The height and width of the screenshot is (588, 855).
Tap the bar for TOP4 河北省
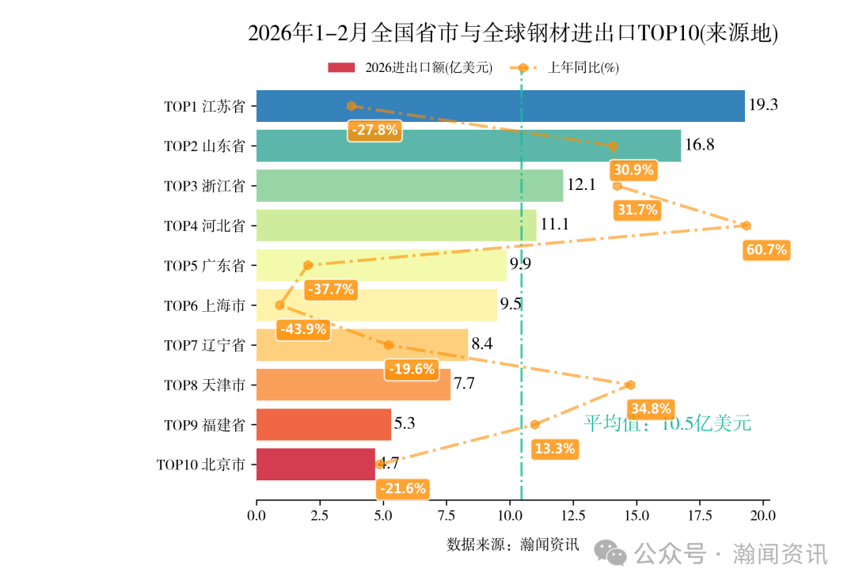[x=396, y=226]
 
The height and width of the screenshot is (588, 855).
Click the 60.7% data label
[x=766, y=250]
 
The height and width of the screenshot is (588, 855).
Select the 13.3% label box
[x=554, y=449]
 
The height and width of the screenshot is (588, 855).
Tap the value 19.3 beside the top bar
[x=763, y=105]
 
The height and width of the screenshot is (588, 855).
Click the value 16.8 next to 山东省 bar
[x=700, y=145]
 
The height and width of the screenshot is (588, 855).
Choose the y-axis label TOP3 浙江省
[x=204, y=186]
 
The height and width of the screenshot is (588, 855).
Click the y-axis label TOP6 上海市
[x=204, y=305]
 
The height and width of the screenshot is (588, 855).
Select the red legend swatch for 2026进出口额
[x=342, y=68]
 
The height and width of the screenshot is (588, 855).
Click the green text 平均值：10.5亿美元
[x=667, y=423]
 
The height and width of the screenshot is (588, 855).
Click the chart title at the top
[x=513, y=33]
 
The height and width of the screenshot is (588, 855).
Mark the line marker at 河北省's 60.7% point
[x=746, y=226]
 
